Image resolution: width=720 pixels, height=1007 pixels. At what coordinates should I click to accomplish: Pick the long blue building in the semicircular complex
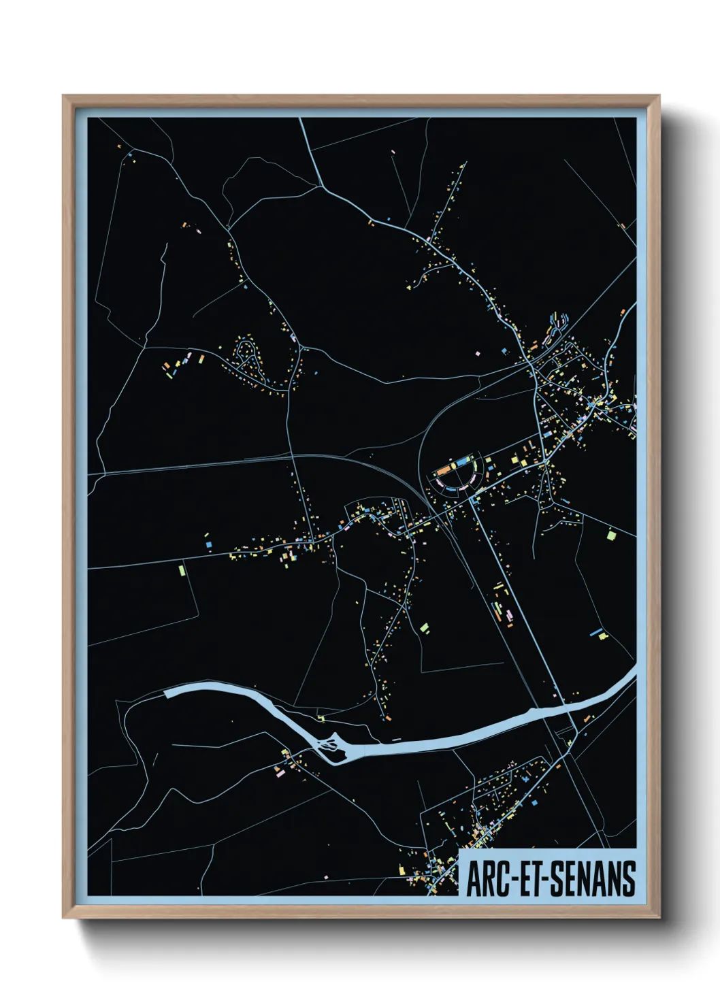point(463,463)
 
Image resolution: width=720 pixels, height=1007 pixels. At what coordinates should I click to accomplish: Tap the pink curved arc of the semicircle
point(452,487)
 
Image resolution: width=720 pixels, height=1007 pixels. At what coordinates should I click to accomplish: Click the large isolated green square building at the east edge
point(611,535)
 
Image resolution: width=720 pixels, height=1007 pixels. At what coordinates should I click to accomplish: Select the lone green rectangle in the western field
point(181,569)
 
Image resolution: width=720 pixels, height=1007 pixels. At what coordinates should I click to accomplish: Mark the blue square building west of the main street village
point(206,544)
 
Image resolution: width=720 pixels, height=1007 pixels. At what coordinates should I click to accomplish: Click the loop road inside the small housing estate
point(245,354)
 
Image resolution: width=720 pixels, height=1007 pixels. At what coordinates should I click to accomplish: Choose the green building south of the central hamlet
point(424,627)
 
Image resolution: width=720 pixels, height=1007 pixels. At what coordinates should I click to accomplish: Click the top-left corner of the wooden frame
point(64,97)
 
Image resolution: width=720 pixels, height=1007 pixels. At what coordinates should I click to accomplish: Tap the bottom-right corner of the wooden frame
point(659,918)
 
